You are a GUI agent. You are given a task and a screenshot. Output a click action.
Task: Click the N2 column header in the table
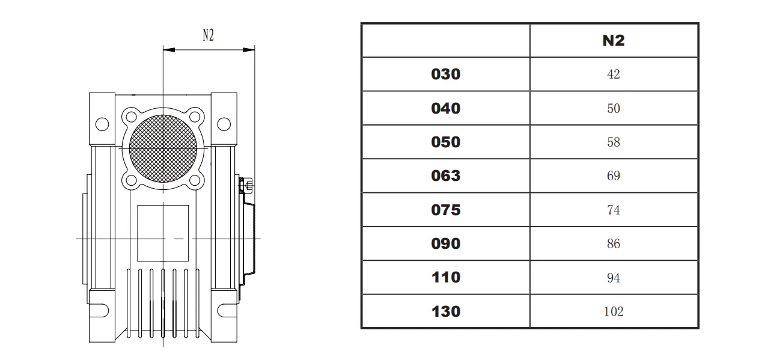coord(614,40)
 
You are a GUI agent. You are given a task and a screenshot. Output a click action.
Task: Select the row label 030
coord(445,74)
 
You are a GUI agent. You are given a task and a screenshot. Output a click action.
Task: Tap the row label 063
coord(445,175)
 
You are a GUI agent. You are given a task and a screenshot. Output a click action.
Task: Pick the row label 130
coord(445,311)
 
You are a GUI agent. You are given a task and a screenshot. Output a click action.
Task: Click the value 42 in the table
coord(614,75)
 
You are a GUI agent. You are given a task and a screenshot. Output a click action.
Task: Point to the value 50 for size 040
coord(614,108)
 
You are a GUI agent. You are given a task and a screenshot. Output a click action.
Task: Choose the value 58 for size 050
coord(614,142)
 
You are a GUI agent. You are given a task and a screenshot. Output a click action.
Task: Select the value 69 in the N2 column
coord(614,176)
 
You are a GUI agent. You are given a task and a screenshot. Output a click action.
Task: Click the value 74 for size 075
coord(614,210)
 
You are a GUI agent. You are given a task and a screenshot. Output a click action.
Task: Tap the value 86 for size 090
coord(614,244)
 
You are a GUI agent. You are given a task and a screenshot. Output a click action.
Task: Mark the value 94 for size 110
coord(614,278)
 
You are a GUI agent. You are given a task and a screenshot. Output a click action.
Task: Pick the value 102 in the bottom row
coord(614,311)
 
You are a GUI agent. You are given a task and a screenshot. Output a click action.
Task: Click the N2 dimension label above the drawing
coord(208,35)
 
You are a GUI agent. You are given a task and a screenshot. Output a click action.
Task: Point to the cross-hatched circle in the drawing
coord(162,147)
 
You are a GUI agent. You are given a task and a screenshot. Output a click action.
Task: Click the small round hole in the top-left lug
coord(102,124)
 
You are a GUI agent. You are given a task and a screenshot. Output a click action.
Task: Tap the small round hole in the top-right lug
coord(224,124)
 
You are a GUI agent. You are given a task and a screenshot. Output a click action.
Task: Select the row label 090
coord(445,243)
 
